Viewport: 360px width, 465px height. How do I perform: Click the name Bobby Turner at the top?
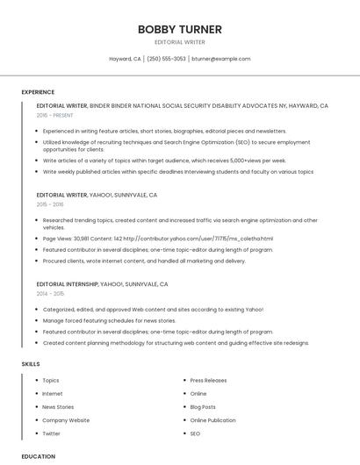pos(179,29)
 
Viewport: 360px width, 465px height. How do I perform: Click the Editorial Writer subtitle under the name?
pos(179,42)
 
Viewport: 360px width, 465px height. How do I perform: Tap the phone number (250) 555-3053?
pos(166,59)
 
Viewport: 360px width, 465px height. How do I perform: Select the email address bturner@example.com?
pos(220,59)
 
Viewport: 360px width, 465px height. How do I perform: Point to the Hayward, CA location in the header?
pos(125,59)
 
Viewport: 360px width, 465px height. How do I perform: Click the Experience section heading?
pos(38,92)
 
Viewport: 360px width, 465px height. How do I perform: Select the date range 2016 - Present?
pos(54,115)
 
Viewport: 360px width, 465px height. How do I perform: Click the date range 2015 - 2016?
pos(50,204)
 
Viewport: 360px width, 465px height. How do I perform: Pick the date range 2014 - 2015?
pos(50,294)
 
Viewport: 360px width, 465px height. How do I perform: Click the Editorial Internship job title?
pos(67,284)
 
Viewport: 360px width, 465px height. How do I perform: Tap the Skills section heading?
pos(31,363)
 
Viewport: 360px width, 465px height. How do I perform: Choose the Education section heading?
pos(38,456)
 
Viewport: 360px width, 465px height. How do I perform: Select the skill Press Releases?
pos(208,381)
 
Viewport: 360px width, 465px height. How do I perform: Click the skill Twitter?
pos(51,433)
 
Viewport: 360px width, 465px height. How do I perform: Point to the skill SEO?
pos(195,433)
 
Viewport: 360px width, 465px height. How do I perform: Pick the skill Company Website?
pos(66,420)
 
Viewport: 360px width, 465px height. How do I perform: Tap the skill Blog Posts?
pos(203,407)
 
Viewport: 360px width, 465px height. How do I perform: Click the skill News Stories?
pos(58,407)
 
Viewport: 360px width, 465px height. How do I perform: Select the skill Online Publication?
pos(212,420)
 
